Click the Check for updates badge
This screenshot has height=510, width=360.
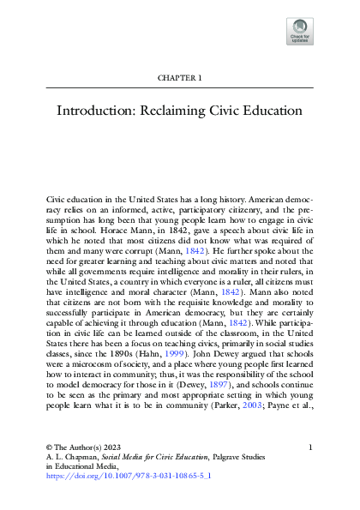[x=301, y=31]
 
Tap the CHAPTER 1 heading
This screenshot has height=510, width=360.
[x=180, y=78]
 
